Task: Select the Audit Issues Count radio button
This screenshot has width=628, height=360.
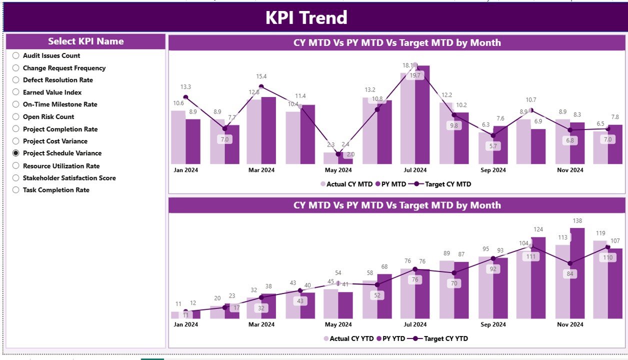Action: tap(16, 55)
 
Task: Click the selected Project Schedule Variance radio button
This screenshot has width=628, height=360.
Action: tap(16, 153)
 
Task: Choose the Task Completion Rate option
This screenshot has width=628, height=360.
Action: tap(16, 190)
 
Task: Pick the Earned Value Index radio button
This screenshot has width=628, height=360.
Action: tap(16, 92)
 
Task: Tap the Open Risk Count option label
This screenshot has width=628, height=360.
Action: tap(48, 117)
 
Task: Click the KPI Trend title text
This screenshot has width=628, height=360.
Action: tap(306, 18)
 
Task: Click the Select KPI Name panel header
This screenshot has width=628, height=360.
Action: tap(85, 41)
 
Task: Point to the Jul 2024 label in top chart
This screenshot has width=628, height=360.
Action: tap(414, 170)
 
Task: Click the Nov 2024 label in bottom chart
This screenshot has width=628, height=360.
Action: tap(570, 324)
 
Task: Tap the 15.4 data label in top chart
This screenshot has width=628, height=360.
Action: tap(261, 76)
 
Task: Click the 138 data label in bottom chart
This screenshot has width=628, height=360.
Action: tap(577, 221)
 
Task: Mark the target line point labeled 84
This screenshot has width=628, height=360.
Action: tap(569, 263)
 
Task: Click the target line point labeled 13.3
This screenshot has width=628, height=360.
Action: tap(185, 97)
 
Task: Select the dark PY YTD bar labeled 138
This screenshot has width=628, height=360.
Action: tap(577, 275)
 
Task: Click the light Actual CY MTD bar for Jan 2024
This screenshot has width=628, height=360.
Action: tap(178, 137)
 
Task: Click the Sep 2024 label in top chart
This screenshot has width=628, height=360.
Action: tap(492, 170)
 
